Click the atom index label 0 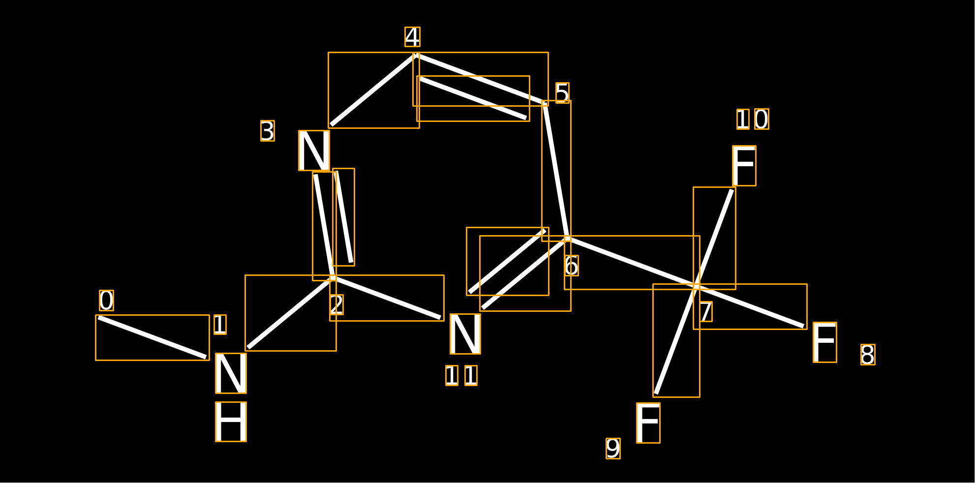tap(106, 301)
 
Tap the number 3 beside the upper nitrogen tap(268, 131)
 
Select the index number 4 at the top tap(412, 37)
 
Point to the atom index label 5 tap(562, 93)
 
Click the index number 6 tap(572, 266)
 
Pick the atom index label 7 tap(706, 311)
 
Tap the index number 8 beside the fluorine tap(868, 355)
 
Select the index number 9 tap(613, 449)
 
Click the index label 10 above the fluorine tap(753, 119)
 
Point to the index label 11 tap(461, 375)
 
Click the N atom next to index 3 tap(314, 151)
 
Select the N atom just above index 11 tap(465, 334)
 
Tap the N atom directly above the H tap(231, 373)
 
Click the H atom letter tap(231, 422)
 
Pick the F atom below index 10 tap(744, 166)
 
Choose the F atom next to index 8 tap(825, 342)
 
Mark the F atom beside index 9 tap(648, 423)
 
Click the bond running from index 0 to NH tap(152, 337)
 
